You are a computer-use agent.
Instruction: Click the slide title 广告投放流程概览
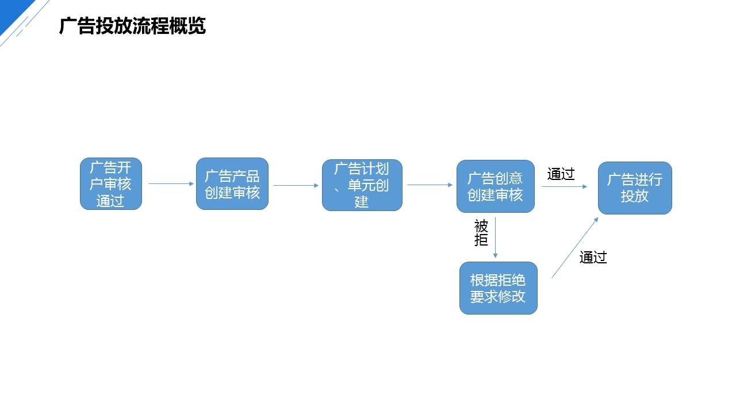[x=132, y=26]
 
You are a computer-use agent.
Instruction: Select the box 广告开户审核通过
[x=110, y=184]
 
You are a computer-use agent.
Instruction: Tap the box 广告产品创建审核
[x=232, y=184]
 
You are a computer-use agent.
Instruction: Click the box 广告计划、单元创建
[x=362, y=185]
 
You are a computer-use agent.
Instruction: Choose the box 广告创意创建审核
[x=495, y=186]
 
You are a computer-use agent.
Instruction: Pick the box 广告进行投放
[x=635, y=188]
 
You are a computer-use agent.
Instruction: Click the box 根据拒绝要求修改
[x=498, y=288]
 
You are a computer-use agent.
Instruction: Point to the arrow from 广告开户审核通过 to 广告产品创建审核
[x=171, y=184]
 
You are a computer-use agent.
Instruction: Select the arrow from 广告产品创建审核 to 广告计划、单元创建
[x=296, y=185]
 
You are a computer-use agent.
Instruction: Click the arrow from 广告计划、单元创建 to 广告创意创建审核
[x=430, y=185]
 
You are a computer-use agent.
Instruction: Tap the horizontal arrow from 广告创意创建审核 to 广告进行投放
[x=564, y=186]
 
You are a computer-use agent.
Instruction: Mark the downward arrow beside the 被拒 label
[x=495, y=237]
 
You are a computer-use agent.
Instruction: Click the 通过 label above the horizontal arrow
[x=561, y=174]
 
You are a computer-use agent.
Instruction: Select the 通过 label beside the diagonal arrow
[x=593, y=258]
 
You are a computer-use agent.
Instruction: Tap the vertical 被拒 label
[x=481, y=233]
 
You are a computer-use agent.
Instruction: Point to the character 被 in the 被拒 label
[x=481, y=226]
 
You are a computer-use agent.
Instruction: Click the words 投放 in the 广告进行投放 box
[x=635, y=196]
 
